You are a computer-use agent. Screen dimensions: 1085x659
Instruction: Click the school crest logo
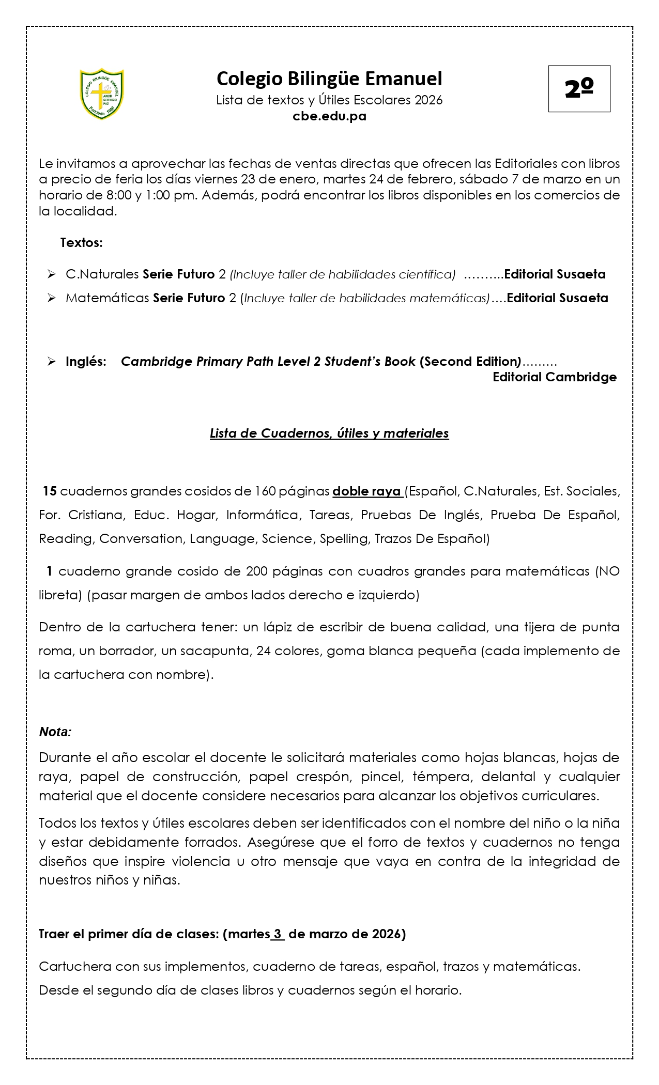[x=102, y=94]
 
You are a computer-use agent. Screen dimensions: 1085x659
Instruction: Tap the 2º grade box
[x=579, y=89]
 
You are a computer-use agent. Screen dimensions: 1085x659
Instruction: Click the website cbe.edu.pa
[x=329, y=116]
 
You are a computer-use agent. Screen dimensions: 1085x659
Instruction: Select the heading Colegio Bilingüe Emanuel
[x=329, y=79]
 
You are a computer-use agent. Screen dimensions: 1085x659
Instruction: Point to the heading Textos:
[x=81, y=242]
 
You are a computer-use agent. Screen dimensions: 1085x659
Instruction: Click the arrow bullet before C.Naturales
[x=51, y=274]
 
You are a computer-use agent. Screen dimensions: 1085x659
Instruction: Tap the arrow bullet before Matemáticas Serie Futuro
[x=51, y=298]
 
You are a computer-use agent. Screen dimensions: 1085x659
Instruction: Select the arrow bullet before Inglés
[x=51, y=361]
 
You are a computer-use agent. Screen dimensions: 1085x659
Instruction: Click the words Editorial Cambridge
[x=554, y=377]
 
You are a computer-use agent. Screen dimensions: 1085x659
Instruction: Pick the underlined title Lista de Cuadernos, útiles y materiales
[x=329, y=433]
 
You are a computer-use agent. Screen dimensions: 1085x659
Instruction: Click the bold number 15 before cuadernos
[x=50, y=491]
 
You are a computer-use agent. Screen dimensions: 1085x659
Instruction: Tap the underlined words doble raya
[x=367, y=491]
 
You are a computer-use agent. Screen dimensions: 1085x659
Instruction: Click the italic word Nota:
[x=55, y=732]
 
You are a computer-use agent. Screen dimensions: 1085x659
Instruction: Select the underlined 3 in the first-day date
[x=278, y=934]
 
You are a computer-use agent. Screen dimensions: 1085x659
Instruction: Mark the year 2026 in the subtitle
[x=428, y=100]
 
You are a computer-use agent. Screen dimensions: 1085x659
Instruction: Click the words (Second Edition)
[x=470, y=361]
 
